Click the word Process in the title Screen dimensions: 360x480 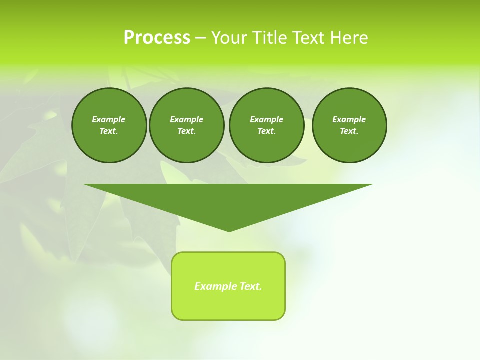coord(157,38)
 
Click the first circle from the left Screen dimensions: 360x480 coord(109,125)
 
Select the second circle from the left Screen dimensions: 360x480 coord(186,125)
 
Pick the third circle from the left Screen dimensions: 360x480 coord(266,125)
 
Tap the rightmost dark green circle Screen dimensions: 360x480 coord(349,125)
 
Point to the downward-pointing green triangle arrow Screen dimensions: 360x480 coord(228,202)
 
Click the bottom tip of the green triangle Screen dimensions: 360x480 coord(229,231)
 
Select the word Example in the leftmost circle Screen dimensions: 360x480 coord(109,119)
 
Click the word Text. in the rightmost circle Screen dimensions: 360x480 coord(349,131)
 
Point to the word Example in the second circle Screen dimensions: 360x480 coord(186,119)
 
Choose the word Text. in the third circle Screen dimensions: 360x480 coord(266,131)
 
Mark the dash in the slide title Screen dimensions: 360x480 coord(200,38)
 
